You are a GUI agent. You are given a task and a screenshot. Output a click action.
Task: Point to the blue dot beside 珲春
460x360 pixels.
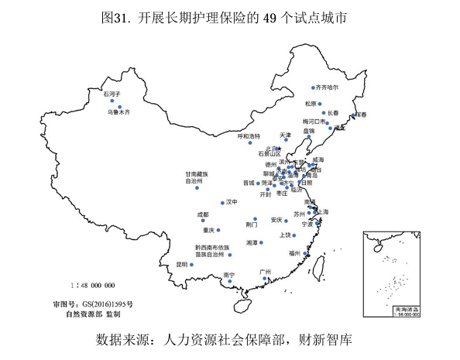(x=353, y=116)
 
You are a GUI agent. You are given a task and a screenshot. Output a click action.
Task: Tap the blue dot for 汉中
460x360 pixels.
(x=222, y=203)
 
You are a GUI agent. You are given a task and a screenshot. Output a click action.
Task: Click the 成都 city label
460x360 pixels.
(x=203, y=214)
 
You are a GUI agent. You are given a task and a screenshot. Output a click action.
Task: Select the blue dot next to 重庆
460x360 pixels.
(x=220, y=230)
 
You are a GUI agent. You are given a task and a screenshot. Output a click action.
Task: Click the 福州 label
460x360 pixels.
(x=294, y=252)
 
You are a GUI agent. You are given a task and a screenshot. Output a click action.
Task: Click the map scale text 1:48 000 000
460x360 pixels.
(x=92, y=285)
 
